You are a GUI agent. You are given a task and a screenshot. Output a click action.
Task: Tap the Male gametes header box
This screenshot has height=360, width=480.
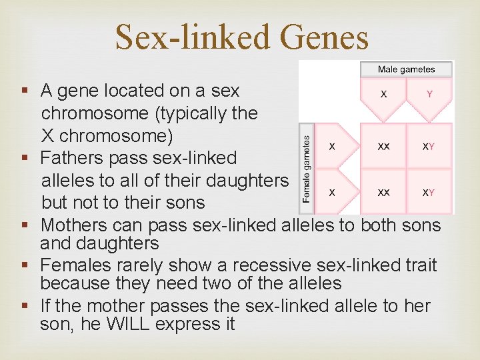(x=406, y=69)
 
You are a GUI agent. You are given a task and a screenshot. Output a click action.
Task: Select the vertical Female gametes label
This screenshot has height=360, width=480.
(x=306, y=169)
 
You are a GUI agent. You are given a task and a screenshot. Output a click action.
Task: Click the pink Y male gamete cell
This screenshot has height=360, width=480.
(x=429, y=94)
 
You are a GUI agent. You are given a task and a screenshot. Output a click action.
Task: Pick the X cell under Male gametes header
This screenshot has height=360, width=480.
(x=383, y=94)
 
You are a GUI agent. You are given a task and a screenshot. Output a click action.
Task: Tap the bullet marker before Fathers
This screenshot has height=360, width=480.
(x=25, y=159)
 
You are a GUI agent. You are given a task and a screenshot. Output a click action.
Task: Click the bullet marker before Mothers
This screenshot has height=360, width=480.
(x=25, y=225)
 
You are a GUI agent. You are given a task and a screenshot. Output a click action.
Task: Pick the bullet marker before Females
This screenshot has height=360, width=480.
(x=25, y=266)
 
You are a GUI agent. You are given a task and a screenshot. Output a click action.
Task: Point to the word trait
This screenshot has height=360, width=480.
(x=418, y=265)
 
